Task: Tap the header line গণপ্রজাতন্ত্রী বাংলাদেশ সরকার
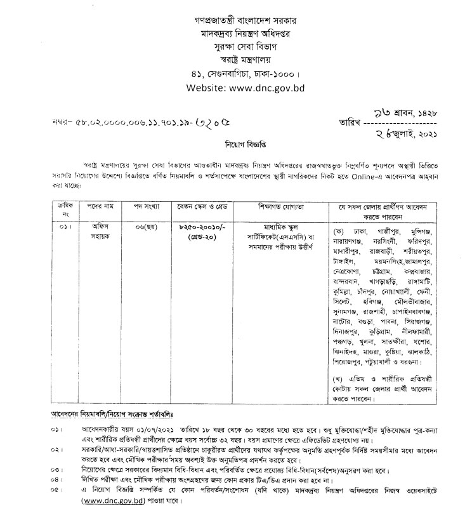237,20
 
